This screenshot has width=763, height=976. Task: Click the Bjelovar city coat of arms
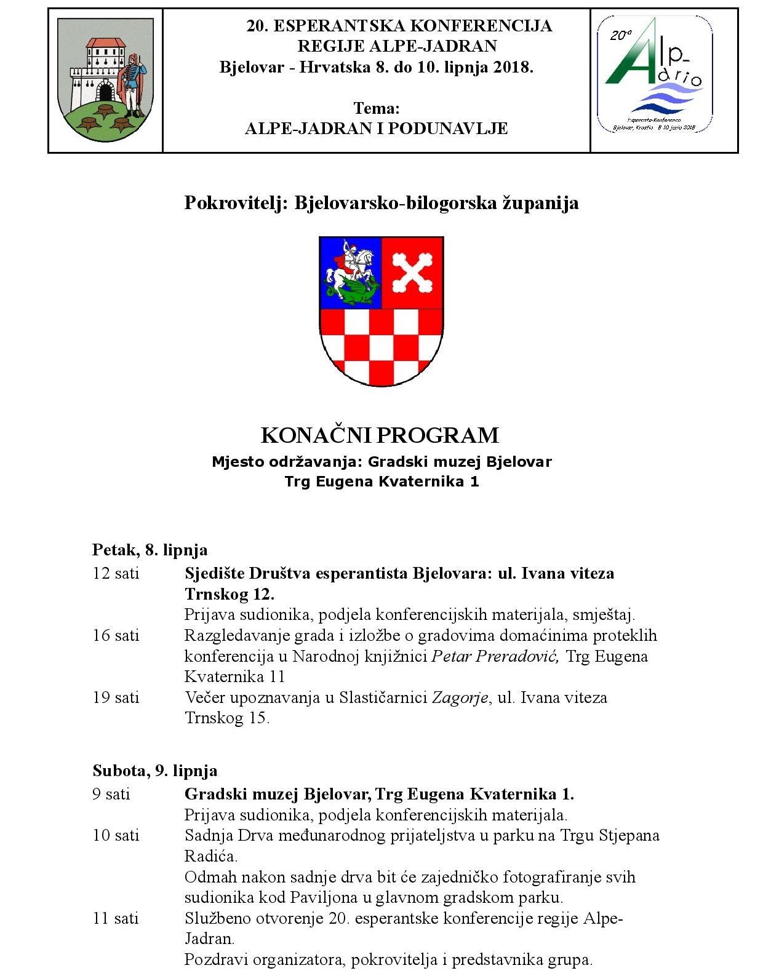point(105,79)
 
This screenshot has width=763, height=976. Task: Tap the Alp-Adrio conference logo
point(655,75)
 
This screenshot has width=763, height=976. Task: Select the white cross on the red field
point(412,272)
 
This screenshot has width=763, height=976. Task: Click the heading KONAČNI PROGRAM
point(380,435)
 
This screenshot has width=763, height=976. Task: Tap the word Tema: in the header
point(376,108)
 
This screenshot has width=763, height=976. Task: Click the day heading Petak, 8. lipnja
point(150,549)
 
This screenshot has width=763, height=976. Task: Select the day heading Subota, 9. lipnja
point(154,770)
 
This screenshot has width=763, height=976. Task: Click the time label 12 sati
point(116,573)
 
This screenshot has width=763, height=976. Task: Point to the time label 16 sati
point(116,635)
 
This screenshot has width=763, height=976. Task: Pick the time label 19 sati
point(116,697)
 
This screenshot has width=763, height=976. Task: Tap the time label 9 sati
point(111,794)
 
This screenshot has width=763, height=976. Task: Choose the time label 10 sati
point(116,835)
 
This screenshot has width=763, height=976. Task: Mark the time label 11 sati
point(116,918)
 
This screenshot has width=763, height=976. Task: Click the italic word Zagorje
point(460,698)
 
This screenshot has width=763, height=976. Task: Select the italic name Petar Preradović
point(495,656)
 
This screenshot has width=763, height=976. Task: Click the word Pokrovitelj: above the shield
point(236,203)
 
